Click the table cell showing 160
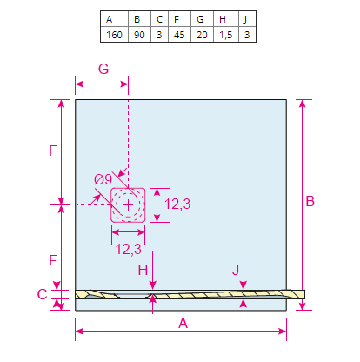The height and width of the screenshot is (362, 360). pyautogui.click(x=114, y=35)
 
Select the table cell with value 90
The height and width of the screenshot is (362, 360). pyautogui.click(x=139, y=35)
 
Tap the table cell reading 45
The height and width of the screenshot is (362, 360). pyautogui.click(x=179, y=35)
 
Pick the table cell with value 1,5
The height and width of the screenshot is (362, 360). pyautogui.click(x=226, y=35)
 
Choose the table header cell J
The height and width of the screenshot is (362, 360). pyautogui.click(x=246, y=19)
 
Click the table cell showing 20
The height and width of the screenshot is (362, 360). pyautogui.click(x=202, y=35)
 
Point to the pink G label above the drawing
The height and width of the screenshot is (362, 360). pyautogui.click(x=103, y=69)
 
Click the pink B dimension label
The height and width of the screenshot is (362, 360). pyautogui.click(x=310, y=201)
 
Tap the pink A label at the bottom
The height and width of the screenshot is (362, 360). pyautogui.click(x=183, y=323)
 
